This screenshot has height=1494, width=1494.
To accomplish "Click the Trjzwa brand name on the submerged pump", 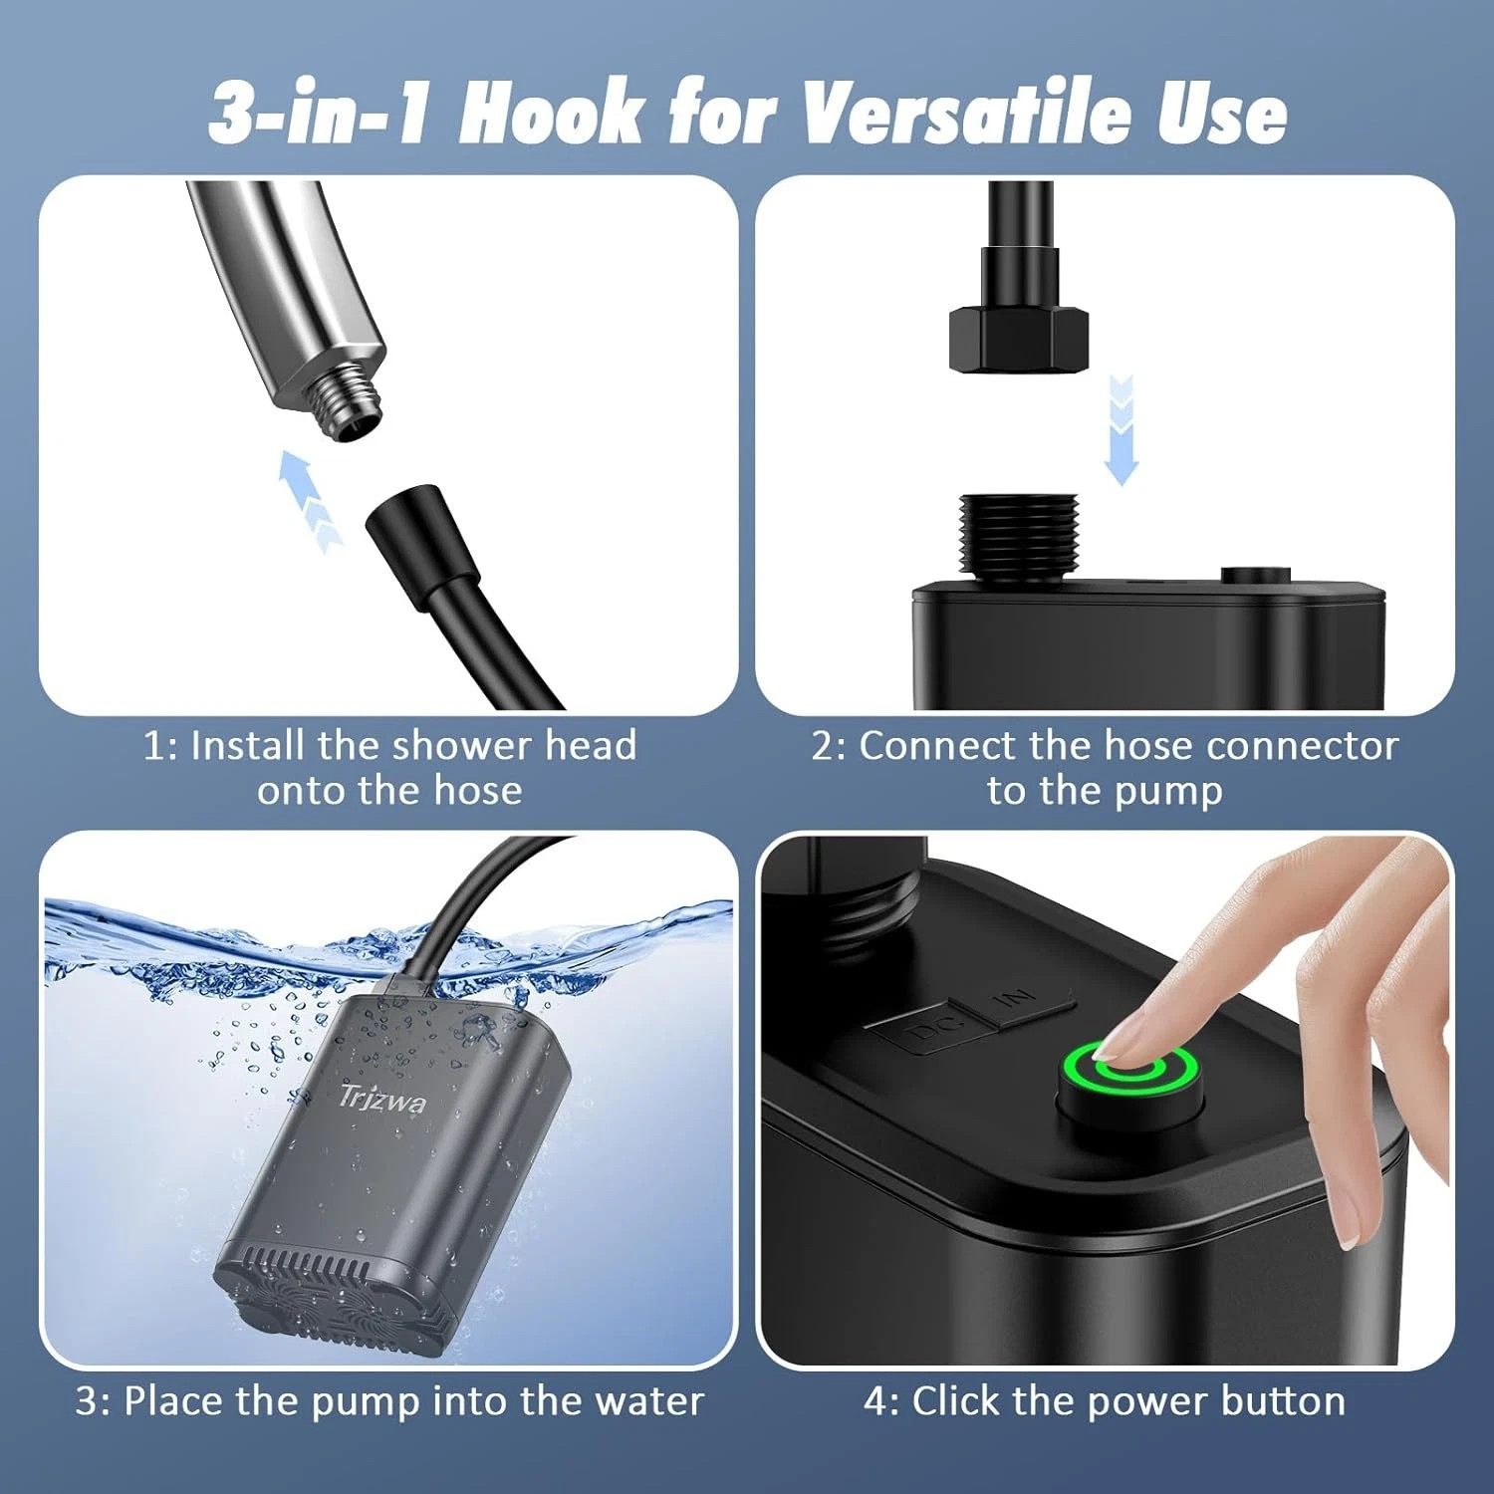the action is (x=382, y=1097).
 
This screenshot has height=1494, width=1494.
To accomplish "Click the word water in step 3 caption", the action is (x=649, y=1401).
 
